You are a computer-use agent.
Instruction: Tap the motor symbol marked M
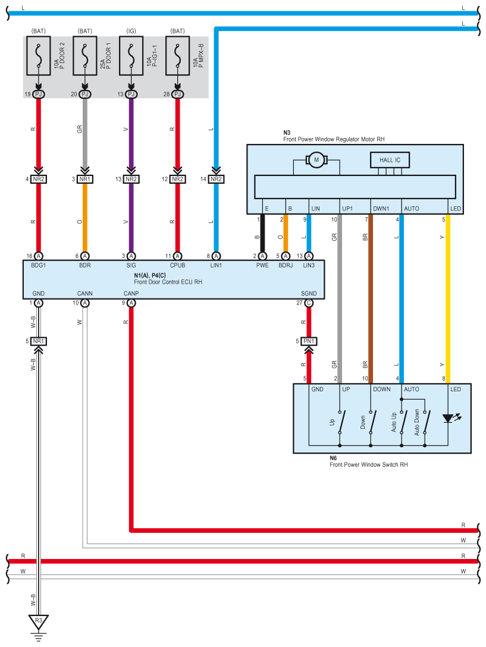[x=316, y=159]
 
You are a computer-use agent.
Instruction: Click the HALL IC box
[x=390, y=160]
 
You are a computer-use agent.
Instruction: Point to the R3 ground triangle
[x=39, y=622]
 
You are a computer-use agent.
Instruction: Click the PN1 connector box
[x=309, y=341]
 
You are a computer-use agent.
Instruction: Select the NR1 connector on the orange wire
[x=85, y=179]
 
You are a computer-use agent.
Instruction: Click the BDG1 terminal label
[x=39, y=265]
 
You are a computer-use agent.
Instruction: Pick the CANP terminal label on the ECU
[x=131, y=294]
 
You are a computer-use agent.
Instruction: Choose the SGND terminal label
[x=309, y=294]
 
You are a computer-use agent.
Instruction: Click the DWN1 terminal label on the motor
[x=381, y=209]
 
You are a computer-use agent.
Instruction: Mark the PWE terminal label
[x=262, y=265]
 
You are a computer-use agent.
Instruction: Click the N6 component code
[x=333, y=458]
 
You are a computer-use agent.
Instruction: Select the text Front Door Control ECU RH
[x=168, y=281]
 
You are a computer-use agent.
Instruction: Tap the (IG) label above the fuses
[x=131, y=30]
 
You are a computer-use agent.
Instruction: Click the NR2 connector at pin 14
[x=216, y=179]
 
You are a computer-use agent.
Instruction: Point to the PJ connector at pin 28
[x=177, y=94]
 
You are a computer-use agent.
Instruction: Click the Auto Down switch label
[x=417, y=422]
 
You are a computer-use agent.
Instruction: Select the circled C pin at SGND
[x=309, y=303]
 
